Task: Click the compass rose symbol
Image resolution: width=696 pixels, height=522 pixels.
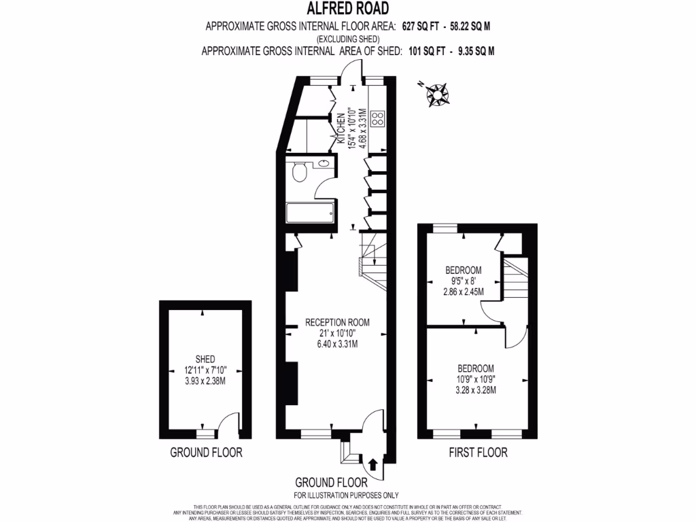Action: [x=435, y=94]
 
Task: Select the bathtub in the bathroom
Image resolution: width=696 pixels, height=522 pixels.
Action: [x=310, y=213]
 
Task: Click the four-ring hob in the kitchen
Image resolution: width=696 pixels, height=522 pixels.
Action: [x=377, y=119]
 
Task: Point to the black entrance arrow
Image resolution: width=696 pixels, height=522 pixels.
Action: [x=372, y=465]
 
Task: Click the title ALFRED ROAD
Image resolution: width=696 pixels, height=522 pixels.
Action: [x=347, y=9]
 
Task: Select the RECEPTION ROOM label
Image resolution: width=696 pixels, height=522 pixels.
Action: [x=337, y=322]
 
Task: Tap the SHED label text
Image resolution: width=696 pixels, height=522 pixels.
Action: [x=205, y=359]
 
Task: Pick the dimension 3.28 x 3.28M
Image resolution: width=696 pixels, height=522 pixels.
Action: [x=476, y=390]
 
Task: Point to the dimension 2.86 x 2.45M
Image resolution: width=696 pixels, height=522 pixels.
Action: [x=463, y=292]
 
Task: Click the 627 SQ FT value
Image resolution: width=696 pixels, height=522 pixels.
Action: [x=414, y=27]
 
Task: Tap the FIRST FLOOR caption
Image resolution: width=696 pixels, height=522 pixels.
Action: [x=478, y=452]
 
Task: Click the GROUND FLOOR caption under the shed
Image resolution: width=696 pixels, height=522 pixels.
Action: [x=205, y=452]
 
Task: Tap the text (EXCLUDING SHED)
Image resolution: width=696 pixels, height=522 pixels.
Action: [x=347, y=39]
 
